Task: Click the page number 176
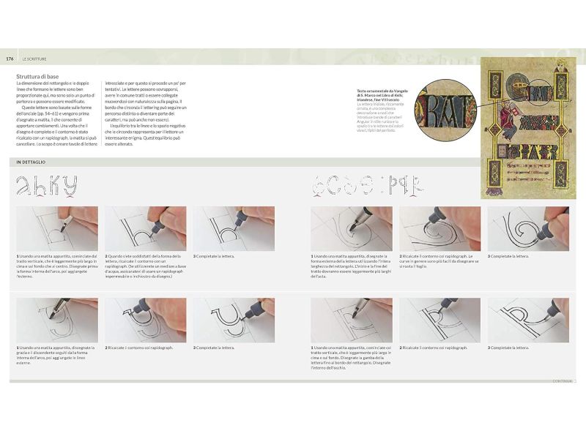(x=10, y=59)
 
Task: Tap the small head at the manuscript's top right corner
(x=561, y=65)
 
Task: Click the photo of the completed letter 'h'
(x=234, y=228)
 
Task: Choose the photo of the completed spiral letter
(x=527, y=228)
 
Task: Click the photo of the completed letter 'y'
(x=234, y=320)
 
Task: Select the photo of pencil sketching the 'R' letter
(x=351, y=320)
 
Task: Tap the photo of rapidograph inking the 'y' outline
(x=145, y=320)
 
